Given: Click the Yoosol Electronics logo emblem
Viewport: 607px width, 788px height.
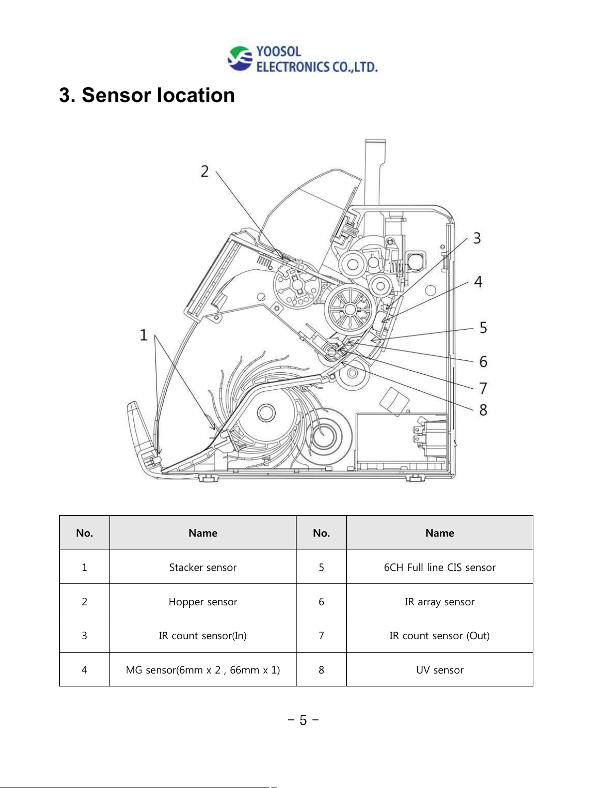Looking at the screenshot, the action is (x=240, y=58).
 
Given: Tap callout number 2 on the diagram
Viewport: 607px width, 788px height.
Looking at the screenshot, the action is (x=205, y=171).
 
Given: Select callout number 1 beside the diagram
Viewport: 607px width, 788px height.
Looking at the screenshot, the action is (x=143, y=335).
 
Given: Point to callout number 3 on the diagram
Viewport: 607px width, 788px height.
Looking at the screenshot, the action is (x=477, y=238).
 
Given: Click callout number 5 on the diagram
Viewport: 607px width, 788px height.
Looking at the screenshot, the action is (x=483, y=328).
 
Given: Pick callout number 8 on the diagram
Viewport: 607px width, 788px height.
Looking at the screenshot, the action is (x=483, y=410).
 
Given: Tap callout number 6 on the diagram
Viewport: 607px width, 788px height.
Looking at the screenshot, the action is (x=483, y=361).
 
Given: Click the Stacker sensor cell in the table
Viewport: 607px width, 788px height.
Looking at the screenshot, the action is (x=203, y=567).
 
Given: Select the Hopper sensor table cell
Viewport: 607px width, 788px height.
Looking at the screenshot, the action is (x=203, y=601).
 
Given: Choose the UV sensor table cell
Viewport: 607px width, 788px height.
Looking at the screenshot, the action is (x=439, y=670).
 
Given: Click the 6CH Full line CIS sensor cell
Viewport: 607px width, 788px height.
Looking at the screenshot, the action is (x=439, y=567).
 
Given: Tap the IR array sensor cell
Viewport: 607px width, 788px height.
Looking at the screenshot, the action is (x=439, y=601).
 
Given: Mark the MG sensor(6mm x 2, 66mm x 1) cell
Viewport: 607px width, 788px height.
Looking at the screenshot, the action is (x=203, y=670).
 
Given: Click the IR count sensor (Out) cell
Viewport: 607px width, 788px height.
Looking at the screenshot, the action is (x=439, y=635).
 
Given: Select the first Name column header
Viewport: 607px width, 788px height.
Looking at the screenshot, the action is (x=203, y=533).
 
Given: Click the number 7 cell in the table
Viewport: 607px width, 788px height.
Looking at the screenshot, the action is (x=321, y=635).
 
